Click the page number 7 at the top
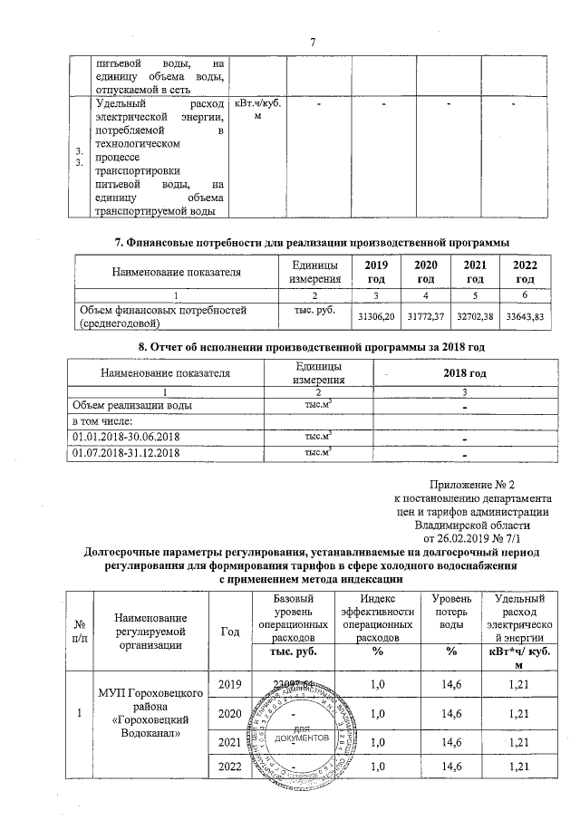point(311,43)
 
